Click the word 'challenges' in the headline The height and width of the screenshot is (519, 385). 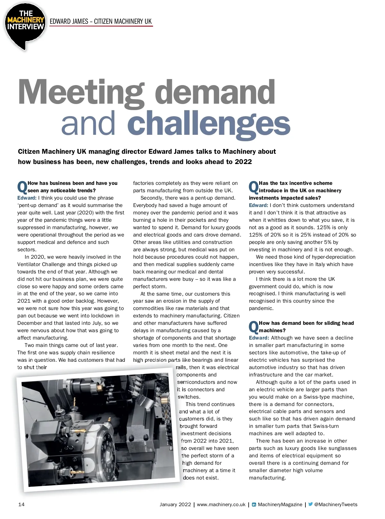click(x=209, y=123)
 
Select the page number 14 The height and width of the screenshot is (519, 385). click(x=21, y=504)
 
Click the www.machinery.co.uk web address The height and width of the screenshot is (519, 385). click(x=221, y=504)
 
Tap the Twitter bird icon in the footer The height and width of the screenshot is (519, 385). click(x=310, y=504)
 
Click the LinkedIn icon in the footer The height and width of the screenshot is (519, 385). click(x=254, y=505)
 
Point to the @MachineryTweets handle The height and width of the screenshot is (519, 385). click(x=336, y=504)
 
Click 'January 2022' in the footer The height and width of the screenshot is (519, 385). click(x=175, y=504)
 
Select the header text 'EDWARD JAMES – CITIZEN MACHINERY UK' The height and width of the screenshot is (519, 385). click(x=101, y=22)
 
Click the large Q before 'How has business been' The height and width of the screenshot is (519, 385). click(x=22, y=187)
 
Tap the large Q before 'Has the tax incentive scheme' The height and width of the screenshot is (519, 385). click(x=253, y=187)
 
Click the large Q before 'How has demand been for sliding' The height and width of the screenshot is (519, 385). click(x=253, y=327)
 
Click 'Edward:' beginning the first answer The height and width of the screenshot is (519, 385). click(x=27, y=198)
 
